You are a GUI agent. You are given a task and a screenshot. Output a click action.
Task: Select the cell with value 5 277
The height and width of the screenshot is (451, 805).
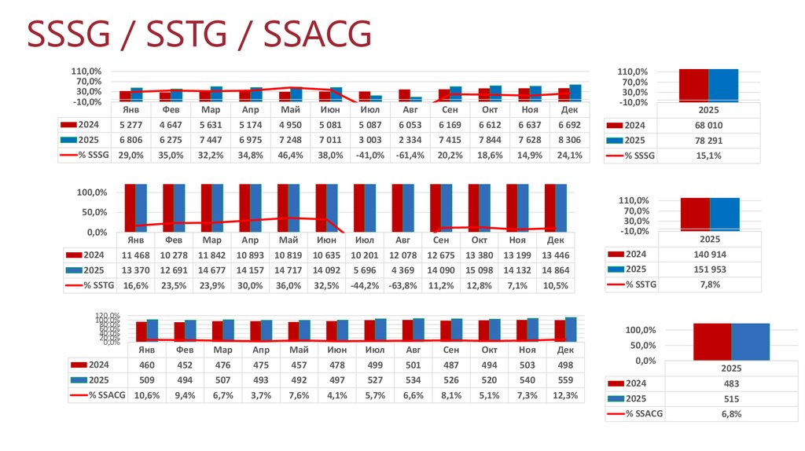coord(131,125)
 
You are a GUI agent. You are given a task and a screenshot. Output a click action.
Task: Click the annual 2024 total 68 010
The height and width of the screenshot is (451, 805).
coord(709,125)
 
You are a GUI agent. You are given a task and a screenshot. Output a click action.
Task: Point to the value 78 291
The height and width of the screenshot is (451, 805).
coord(709,141)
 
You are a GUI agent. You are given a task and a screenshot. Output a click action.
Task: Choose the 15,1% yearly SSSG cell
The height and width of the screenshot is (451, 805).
coord(709,156)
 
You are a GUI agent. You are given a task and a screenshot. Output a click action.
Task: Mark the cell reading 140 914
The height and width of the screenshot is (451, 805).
coord(709,255)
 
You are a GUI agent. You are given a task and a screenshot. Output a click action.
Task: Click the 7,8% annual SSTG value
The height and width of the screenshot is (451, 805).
coord(709,285)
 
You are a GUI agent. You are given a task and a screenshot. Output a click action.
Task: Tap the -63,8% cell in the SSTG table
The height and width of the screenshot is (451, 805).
coord(403,286)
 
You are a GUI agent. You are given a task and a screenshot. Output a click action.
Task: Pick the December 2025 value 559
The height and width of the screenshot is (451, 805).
coord(556,379)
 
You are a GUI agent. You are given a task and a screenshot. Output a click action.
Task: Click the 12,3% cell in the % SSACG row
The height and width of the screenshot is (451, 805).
coord(556,395)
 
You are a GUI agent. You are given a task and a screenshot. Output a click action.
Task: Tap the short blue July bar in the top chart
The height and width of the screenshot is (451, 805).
coord(376,98)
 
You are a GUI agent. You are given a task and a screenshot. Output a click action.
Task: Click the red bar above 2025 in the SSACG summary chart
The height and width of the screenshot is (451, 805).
coord(711,341)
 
